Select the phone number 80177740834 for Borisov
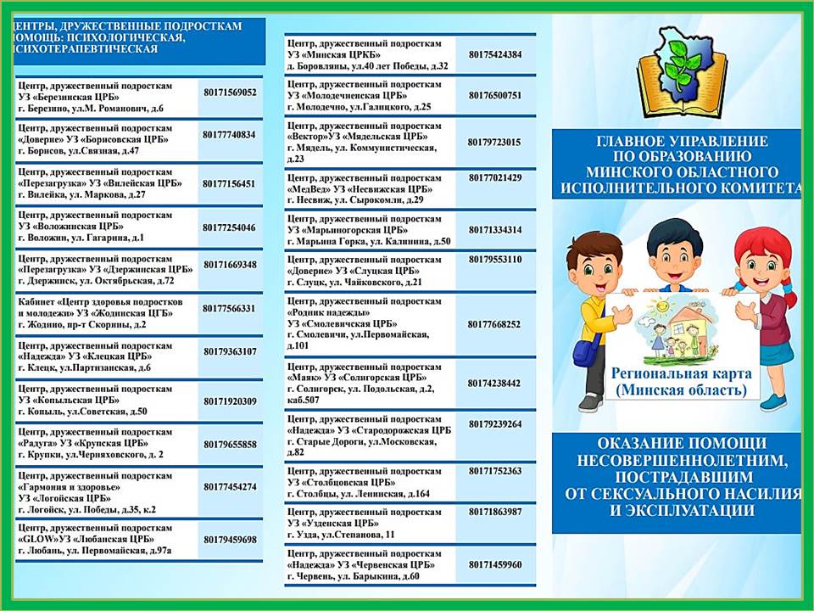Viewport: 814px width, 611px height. coord(229,134)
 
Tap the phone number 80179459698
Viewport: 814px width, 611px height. coord(230,539)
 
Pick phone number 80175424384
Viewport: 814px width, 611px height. coord(494,54)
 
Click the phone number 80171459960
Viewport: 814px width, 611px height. coord(494,564)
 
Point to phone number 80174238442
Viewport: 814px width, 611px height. coord(494,383)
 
